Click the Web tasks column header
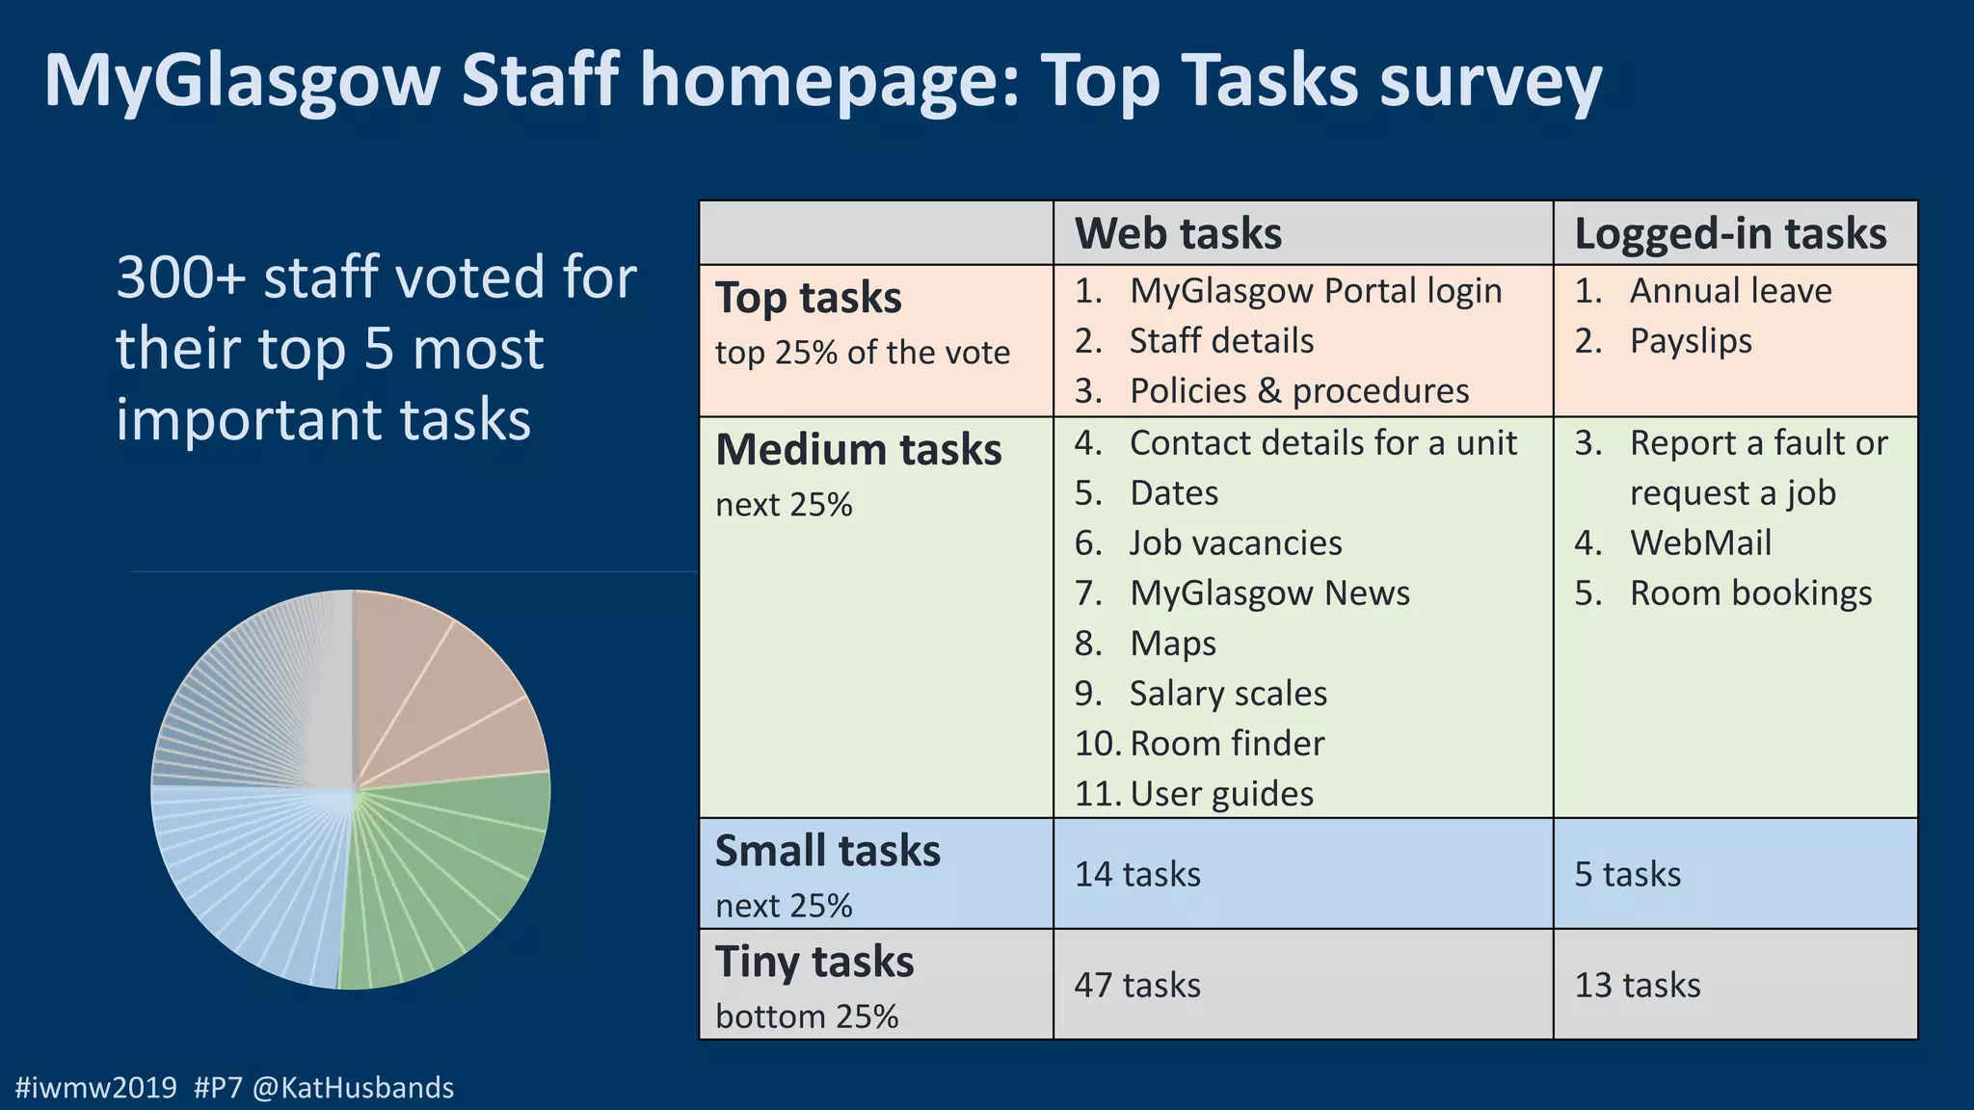coord(1178,234)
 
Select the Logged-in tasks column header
coord(1730,234)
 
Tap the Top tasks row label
coord(808,298)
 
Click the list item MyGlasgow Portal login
coord(1315,291)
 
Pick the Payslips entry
coord(1691,341)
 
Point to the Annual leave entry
coord(1730,291)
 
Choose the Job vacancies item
coord(1235,543)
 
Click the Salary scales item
coord(1228,694)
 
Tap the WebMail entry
coord(1700,543)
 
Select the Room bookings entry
coord(1750,594)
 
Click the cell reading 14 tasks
coord(1137,874)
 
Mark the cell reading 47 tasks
coord(1137,985)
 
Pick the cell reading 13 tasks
coord(1638,985)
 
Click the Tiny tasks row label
coord(814,962)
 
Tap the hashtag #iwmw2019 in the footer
coord(96,1088)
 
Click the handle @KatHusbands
coord(353,1088)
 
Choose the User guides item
coord(1221,794)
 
